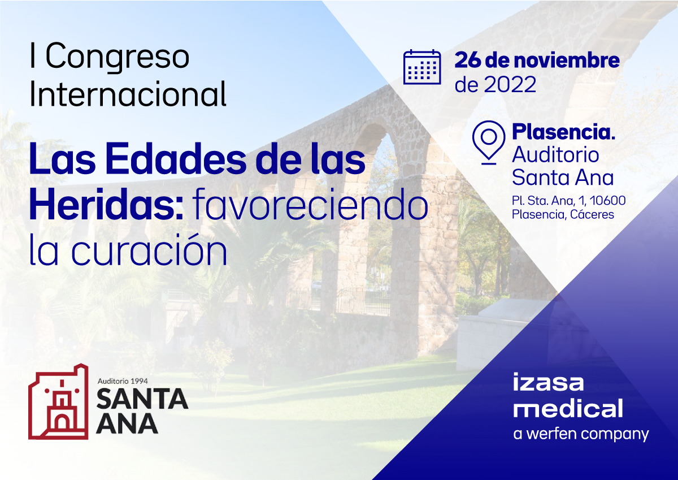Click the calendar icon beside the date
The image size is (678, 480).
click(x=421, y=67)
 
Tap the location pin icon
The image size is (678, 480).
click(x=488, y=141)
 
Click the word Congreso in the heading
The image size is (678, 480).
click(x=118, y=57)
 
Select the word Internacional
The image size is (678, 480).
click(x=128, y=94)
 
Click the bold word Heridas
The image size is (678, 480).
click(x=105, y=205)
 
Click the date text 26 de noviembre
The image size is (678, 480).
click(x=537, y=60)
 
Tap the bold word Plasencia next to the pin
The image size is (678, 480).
click(x=563, y=132)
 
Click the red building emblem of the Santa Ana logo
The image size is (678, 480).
click(x=58, y=401)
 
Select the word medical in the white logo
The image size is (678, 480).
click(x=568, y=409)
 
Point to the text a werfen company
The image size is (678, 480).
click(x=581, y=434)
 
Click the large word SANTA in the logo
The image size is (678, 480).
click(x=142, y=399)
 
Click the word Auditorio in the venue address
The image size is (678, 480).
click(x=547, y=154)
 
